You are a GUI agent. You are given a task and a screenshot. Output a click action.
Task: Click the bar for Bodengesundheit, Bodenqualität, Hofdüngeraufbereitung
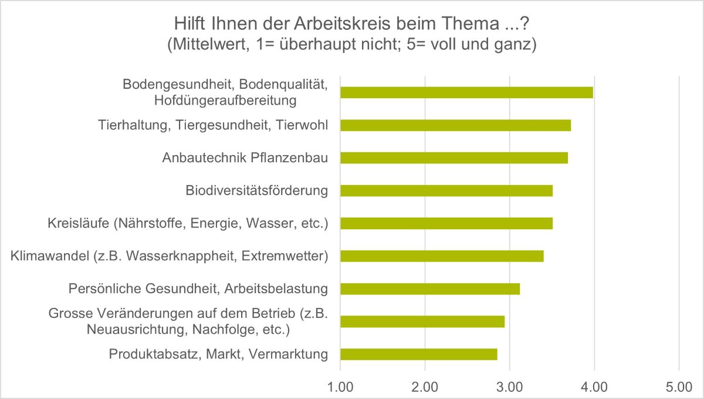(x=466, y=92)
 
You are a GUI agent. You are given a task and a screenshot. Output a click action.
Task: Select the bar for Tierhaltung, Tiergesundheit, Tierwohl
(x=455, y=125)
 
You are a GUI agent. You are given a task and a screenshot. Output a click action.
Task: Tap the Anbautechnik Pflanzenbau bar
(x=454, y=158)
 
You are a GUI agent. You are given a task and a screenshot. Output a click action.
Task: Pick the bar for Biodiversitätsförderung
(x=446, y=191)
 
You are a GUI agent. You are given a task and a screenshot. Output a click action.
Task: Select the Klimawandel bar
(x=442, y=256)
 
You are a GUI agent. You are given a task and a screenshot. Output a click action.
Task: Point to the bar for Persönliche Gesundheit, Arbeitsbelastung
(x=430, y=289)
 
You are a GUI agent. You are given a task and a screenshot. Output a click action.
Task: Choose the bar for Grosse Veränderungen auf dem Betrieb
(x=422, y=321)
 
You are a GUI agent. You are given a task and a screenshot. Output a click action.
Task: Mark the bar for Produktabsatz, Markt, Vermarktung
(x=419, y=354)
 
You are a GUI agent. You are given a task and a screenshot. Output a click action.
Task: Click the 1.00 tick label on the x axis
(x=340, y=387)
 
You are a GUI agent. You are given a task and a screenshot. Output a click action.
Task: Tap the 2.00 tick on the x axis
(x=425, y=387)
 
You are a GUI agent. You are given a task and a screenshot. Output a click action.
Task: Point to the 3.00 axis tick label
(x=509, y=387)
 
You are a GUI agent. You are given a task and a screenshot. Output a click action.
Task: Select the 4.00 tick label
(x=594, y=387)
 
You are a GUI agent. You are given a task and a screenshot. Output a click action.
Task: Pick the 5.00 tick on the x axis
(x=679, y=387)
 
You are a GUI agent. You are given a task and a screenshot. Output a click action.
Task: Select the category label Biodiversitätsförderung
(x=256, y=190)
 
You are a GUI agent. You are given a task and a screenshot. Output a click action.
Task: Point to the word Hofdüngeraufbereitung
(x=225, y=100)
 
